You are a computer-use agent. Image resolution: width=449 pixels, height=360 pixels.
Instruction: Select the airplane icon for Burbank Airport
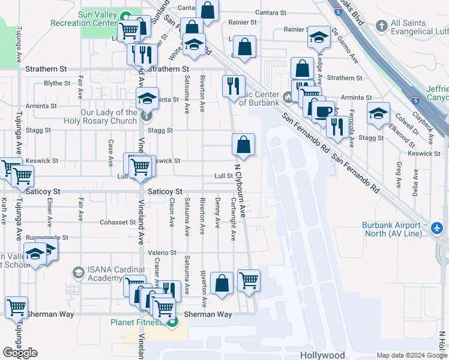click(436, 229)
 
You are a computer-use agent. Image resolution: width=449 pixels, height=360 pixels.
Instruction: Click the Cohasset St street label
click(118, 222)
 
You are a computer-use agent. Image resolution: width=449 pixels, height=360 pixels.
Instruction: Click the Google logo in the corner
click(20, 353)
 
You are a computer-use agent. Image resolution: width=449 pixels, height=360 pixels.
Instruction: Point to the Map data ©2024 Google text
click(411, 355)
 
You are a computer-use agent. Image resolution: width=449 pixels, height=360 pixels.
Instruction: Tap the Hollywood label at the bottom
click(322, 355)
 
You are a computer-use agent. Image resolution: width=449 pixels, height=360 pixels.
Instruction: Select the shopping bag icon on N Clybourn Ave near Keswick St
click(244, 144)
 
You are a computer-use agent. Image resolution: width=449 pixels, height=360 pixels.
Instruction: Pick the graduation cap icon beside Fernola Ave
click(378, 113)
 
